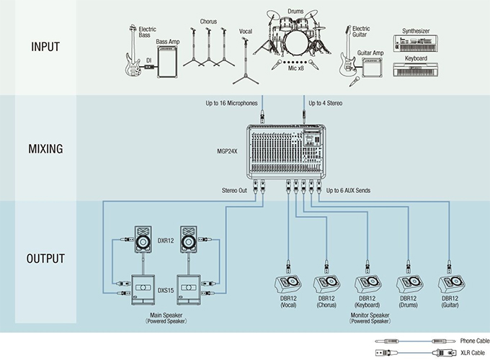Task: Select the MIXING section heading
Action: coord(46,150)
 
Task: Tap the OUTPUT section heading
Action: coord(45,258)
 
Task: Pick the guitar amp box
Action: coord(372,69)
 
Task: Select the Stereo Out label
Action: coord(235,191)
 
